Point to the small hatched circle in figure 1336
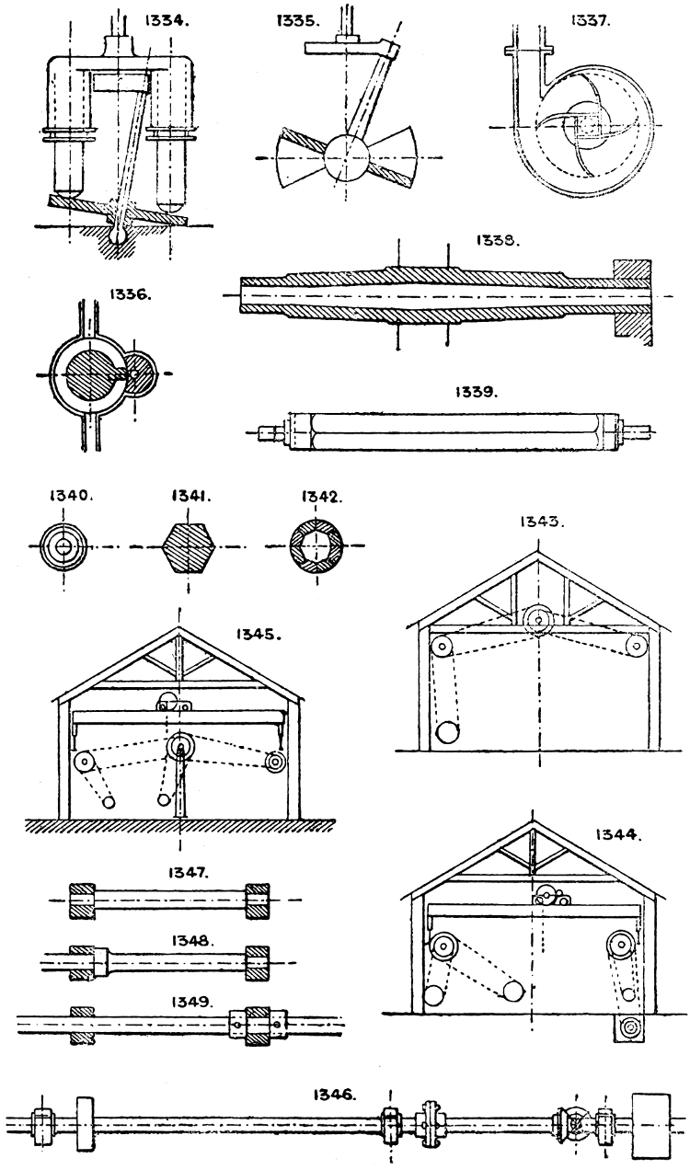click(x=138, y=374)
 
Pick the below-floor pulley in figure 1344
click(x=632, y=1026)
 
